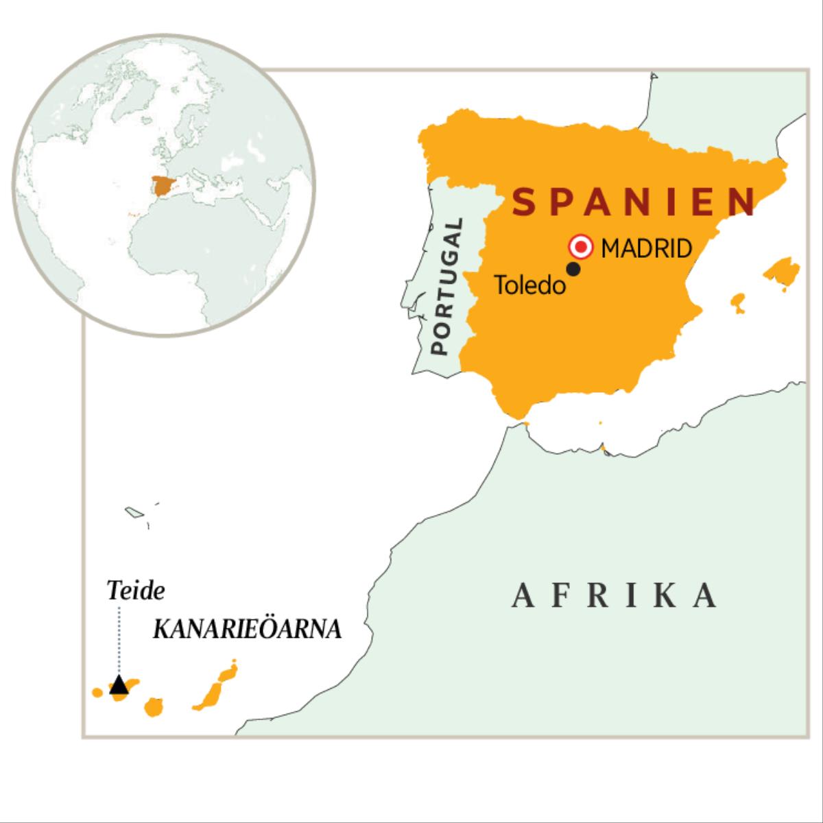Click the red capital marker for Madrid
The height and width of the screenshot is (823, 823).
[x=582, y=246]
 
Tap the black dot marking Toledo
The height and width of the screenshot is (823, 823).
[x=573, y=270]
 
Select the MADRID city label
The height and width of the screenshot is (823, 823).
[x=646, y=248]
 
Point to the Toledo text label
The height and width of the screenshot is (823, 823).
[x=530, y=285]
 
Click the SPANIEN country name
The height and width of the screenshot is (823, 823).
[x=635, y=202]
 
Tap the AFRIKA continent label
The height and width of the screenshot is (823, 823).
[x=615, y=595]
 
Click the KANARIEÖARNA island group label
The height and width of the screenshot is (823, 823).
[x=247, y=630]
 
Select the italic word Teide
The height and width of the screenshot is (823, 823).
[x=136, y=591]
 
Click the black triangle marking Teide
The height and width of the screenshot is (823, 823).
[x=119, y=684]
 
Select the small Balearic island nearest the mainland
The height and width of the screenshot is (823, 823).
[x=738, y=302]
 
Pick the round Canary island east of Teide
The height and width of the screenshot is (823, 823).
[x=154, y=706]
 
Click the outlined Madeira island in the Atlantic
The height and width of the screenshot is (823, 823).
[x=133, y=512]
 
